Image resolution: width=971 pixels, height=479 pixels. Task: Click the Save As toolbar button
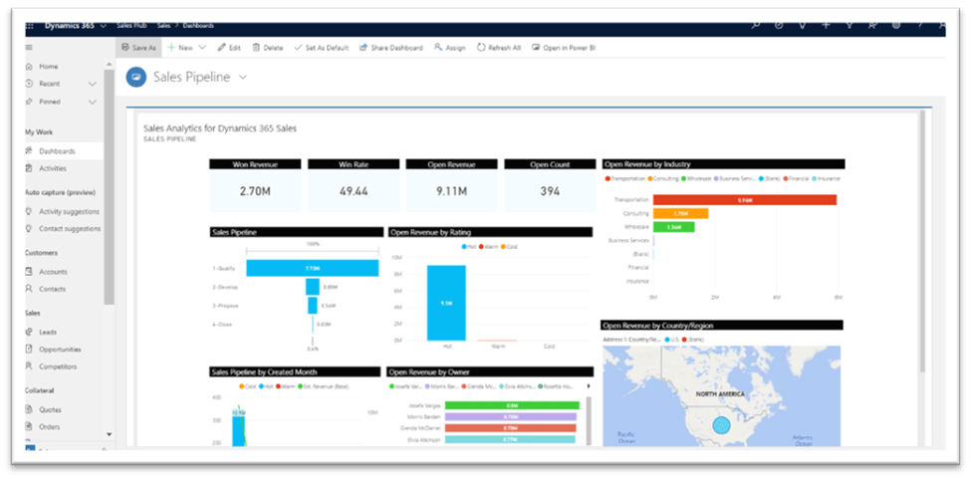(x=137, y=47)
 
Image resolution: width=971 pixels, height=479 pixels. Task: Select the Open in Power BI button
(x=563, y=47)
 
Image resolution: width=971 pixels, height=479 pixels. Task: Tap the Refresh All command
(x=499, y=47)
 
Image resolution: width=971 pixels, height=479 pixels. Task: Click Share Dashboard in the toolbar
(x=391, y=47)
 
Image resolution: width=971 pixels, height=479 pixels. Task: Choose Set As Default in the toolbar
(x=321, y=47)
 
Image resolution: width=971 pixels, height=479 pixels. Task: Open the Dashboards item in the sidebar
(x=57, y=150)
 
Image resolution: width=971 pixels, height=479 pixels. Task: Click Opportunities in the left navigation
(x=60, y=350)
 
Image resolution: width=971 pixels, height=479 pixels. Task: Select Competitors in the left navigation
(x=58, y=366)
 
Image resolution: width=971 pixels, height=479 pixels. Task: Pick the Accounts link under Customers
(x=53, y=271)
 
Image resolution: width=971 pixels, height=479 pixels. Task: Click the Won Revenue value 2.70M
(x=255, y=191)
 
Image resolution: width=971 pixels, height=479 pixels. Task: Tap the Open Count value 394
(x=549, y=191)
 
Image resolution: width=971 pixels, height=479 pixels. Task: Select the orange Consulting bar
(x=680, y=213)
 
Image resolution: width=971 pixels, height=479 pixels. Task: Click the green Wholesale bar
(x=673, y=226)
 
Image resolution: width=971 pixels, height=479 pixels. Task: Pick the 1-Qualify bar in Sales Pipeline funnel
(x=312, y=268)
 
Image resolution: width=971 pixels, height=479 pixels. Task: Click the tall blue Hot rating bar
(x=446, y=303)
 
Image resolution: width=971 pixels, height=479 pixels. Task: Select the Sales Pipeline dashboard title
(x=191, y=77)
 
